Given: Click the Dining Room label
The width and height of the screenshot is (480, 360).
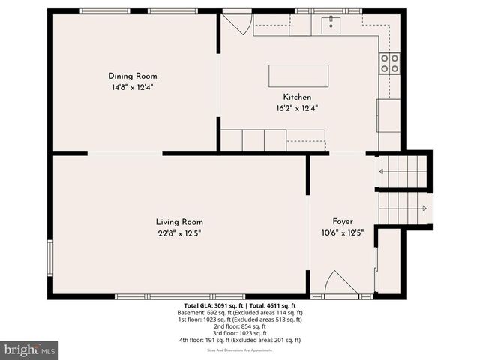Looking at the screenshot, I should (x=131, y=76).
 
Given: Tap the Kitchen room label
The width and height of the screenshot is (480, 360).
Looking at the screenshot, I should (x=297, y=97).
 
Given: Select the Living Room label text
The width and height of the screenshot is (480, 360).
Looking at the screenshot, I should (x=179, y=222).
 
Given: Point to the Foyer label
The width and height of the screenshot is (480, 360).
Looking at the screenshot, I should (x=343, y=222).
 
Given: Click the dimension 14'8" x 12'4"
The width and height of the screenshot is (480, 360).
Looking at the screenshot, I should (x=131, y=87).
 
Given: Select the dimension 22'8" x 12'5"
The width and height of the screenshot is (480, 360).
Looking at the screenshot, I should (x=179, y=233).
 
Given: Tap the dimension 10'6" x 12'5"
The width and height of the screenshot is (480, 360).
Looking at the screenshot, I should (x=343, y=233).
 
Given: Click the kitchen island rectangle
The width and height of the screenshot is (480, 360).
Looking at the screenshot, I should (x=298, y=76).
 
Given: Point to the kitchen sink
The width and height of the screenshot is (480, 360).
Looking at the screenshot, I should (x=330, y=25).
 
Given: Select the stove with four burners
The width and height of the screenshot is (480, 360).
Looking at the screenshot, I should (x=389, y=63).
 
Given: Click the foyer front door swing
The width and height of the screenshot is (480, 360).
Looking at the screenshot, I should (x=340, y=284).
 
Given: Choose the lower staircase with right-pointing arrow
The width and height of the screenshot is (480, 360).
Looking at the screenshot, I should (x=403, y=208).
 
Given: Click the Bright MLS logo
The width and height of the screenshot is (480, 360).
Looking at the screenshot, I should (x=29, y=349).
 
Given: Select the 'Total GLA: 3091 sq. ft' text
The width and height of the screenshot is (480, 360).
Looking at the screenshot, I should (x=210, y=305).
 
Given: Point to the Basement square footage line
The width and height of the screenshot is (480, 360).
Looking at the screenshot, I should (x=239, y=312).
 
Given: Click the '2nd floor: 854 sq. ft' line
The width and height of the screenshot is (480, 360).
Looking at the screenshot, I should (x=239, y=326).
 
